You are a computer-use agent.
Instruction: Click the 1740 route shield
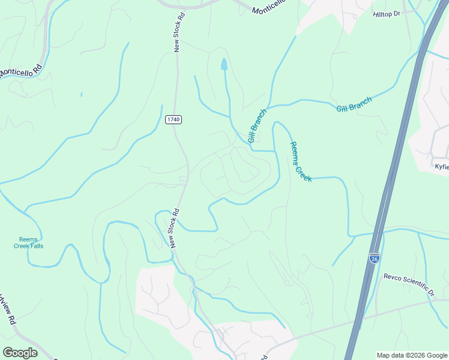(173, 120)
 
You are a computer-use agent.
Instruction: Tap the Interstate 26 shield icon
(374, 257)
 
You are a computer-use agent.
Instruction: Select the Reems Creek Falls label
(29, 242)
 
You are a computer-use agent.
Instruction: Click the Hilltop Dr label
(386, 13)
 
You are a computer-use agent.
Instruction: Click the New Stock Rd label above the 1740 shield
(177, 31)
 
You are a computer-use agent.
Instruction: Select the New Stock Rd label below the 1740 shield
(174, 229)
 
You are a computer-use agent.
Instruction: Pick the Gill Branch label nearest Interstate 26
(354, 104)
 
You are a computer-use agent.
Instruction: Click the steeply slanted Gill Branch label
(257, 121)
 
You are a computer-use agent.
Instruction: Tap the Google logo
(20, 353)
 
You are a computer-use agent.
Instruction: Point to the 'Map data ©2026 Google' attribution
(412, 355)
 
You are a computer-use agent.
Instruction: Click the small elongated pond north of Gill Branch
(224, 64)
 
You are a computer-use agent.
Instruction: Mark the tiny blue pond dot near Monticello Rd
(80, 94)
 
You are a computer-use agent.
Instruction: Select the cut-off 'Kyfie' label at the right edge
(441, 166)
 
